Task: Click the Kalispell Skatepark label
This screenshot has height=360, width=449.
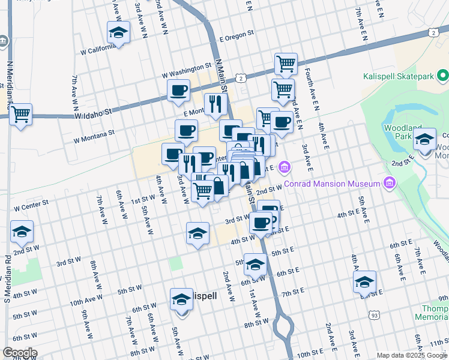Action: click(x=398, y=76)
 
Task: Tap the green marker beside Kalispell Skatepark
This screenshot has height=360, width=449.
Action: click(x=443, y=76)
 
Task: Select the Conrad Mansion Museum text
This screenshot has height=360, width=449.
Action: click(x=332, y=184)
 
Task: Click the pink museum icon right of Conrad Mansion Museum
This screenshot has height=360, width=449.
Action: click(x=390, y=182)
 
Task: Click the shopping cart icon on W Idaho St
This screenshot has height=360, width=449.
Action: click(x=21, y=115)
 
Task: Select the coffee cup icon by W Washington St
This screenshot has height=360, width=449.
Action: click(x=178, y=91)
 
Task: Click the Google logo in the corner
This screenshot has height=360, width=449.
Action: click(x=20, y=353)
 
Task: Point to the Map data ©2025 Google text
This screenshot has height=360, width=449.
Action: click(x=411, y=355)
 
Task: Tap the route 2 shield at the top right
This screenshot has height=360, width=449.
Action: click(x=433, y=32)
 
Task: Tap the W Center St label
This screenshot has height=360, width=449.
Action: click(x=30, y=207)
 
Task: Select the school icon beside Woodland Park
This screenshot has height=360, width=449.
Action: click(x=424, y=140)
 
